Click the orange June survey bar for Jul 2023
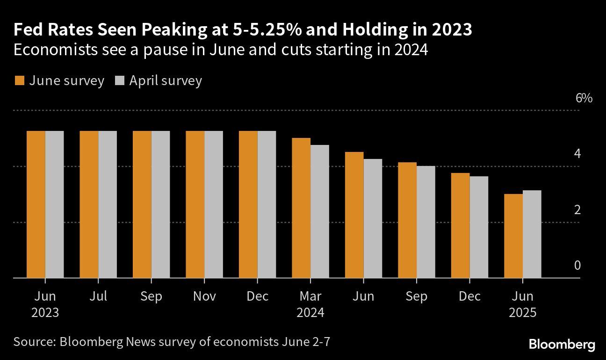coord(89,204)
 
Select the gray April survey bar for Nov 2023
coord(214,204)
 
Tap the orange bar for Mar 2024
coord(301,208)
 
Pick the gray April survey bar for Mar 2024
coord(320,211)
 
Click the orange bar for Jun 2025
coord(513,236)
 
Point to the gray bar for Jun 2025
coord(532,234)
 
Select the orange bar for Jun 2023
coord(36,204)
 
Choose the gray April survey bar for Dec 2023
coord(267,204)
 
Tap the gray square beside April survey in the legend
coord(119,81)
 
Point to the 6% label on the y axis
coord(584,98)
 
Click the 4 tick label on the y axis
coord(577,154)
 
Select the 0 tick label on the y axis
coord(577,266)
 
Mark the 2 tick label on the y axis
coord(577,210)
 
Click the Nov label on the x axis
coord(204,296)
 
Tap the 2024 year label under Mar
coord(310,312)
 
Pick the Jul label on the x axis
coord(98,296)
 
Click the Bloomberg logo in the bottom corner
coord(562,345)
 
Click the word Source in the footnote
coord(33,342)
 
